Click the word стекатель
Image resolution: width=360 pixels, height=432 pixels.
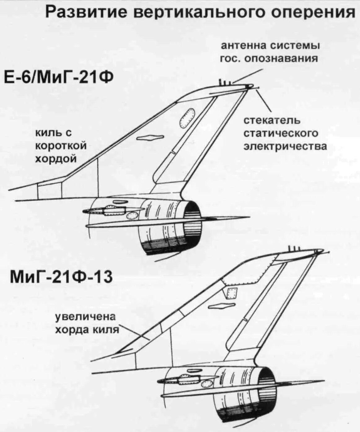(x=272, y=120)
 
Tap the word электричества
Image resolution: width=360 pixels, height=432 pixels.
(x=286, y=146)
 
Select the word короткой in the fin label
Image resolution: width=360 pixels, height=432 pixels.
(x=61, y=146)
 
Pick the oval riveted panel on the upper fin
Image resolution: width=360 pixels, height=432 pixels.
(x=187, y=118)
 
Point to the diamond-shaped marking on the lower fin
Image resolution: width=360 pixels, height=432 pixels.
(x=222, y=306)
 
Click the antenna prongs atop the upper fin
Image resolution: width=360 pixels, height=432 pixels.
(x=225, y=83)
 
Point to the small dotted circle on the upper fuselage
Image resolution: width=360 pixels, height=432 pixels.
(x=132, y=216)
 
